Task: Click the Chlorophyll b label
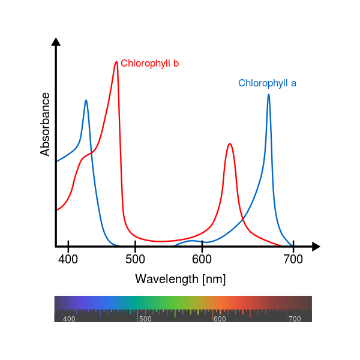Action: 149,64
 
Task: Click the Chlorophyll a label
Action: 267,83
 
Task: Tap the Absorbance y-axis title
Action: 46,124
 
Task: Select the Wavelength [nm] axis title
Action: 180,279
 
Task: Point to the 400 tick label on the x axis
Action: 68,259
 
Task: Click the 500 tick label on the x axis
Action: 135,259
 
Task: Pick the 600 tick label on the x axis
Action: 202,259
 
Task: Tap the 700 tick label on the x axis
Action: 293,259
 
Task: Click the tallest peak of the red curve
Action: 116,62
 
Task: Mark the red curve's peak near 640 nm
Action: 229,144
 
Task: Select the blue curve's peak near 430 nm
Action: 86,100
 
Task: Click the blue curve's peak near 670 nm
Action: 268,94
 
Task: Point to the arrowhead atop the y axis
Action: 56,41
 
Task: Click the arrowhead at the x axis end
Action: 316,246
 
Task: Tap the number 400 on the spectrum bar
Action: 69,319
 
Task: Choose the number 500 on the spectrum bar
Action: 145,319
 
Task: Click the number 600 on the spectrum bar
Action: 220,319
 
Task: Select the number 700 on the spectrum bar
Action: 295,319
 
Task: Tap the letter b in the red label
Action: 176,64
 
